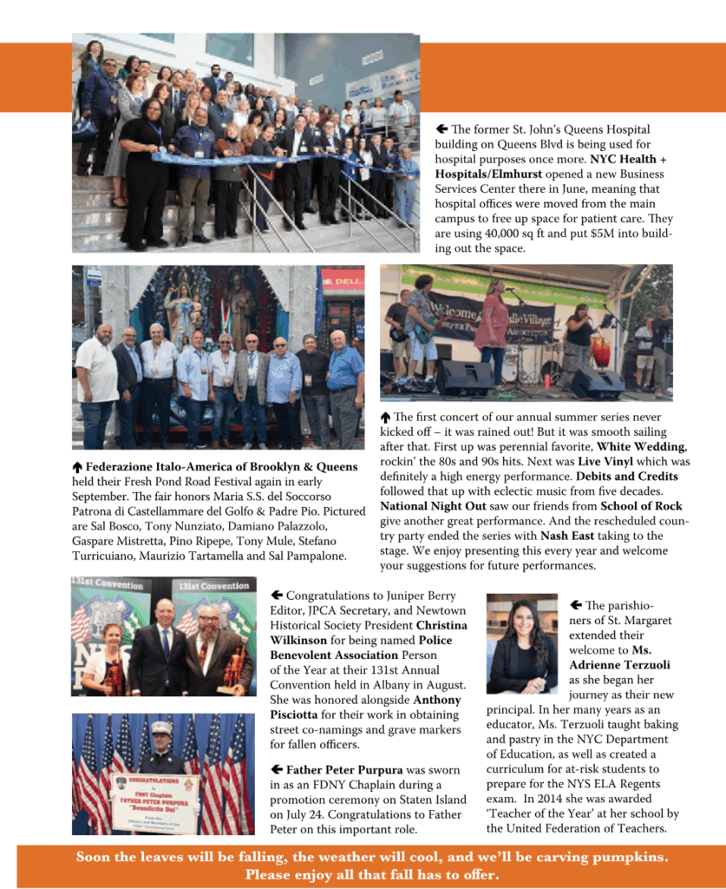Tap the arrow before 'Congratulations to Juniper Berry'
point(277,596)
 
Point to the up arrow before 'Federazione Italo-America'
point(77,467)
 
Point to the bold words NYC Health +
point(629,160)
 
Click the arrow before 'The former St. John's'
point(441,129)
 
